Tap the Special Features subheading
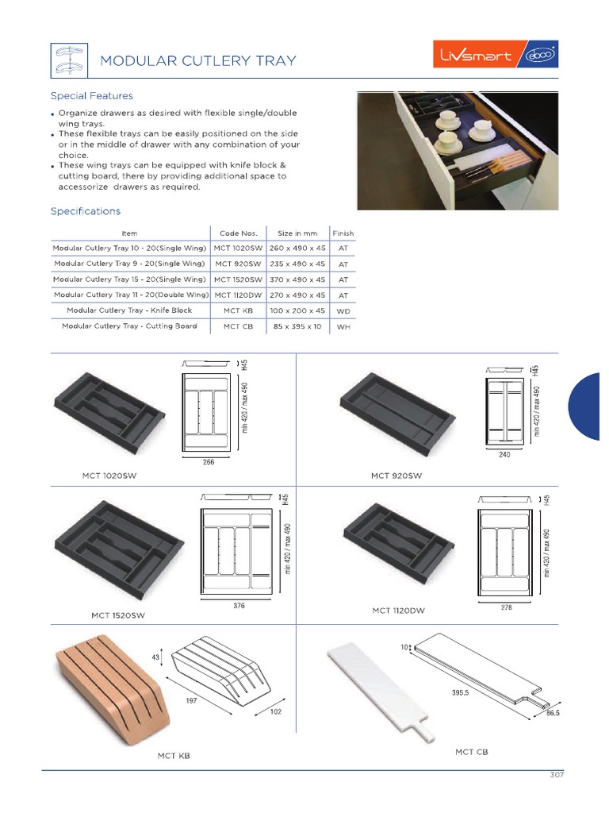pos(91,96)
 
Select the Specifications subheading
pos(86,211)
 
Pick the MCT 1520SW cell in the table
pos(238,279)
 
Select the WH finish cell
pos(343,326)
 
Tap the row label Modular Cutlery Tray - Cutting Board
pos(129,326)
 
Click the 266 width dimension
pos(209,462)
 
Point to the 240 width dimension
pos(504,456)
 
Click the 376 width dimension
pos(239,606)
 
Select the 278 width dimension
pos(507,607)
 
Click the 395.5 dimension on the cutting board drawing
pos(461,693)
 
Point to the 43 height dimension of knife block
pos(155,657)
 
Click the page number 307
pos(557,775)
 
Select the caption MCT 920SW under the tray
pos(396,476)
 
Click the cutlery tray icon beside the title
pos(68,60)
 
